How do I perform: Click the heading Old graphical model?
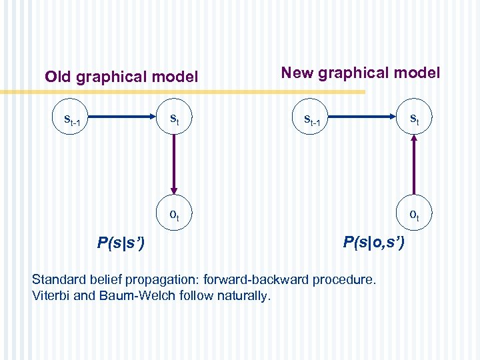(121, 77)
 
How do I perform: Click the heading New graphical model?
(361, 73)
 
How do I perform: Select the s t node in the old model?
(174, 119)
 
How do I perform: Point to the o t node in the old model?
(174, 215)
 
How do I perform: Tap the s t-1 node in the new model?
(313, 120)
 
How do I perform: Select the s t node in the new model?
(414, 119)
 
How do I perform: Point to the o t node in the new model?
(414, 215)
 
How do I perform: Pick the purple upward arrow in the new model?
(414, 167)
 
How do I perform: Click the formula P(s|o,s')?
(373, 243)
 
